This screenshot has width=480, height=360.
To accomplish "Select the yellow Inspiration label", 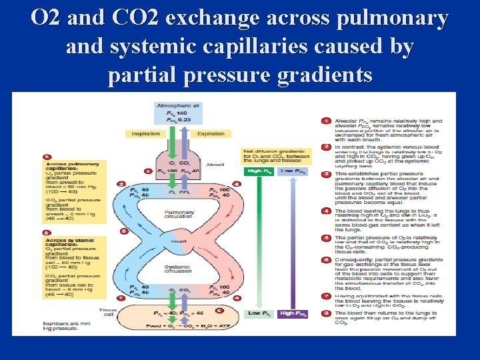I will pyautogui.click(x=145, y=133).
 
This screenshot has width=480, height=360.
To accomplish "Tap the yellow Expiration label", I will pyautogui.click(x=211, y=133).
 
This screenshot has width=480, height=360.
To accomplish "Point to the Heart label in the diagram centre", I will pyautogui.click(x=179, y=240).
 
